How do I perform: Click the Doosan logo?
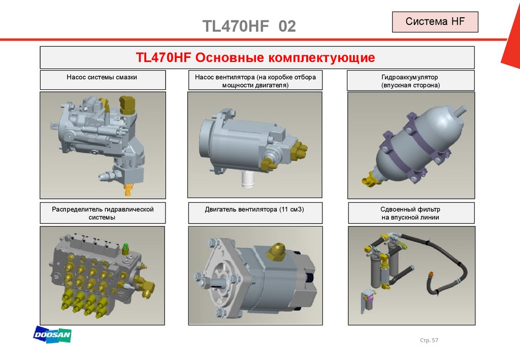point(52,335)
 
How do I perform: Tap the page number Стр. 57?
point(429,340)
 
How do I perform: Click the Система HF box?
point(435,22)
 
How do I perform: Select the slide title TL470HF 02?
point(249,26)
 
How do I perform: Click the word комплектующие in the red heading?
point(321,58)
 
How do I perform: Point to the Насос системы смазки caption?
point(102,77)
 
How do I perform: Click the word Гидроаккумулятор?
point(410,77)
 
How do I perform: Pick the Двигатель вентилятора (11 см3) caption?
point(254,210)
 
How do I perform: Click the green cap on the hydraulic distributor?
point(125,247)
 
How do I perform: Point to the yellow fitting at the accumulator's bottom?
point(370,179)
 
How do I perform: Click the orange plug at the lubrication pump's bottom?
point(127,190)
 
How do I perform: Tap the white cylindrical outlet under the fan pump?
point(247,180)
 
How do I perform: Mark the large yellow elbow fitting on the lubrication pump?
point(127,105)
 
